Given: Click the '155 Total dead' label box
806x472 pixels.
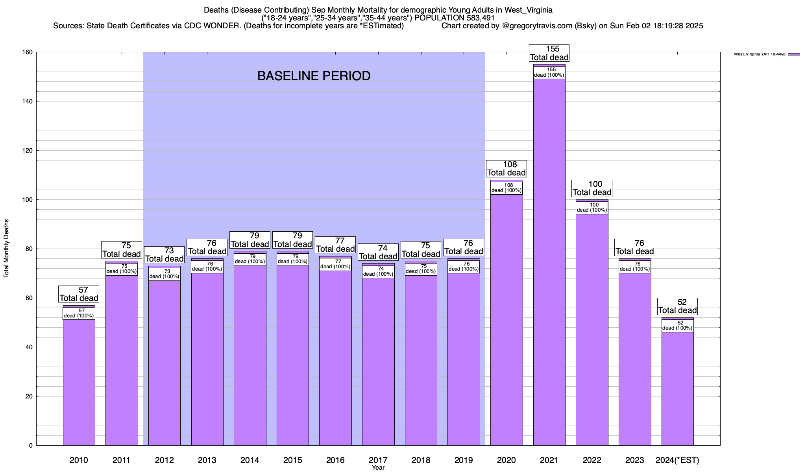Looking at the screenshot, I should point(549,53).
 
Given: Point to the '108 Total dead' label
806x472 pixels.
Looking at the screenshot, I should point(507,169).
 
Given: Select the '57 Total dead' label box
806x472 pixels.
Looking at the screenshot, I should point(79,294).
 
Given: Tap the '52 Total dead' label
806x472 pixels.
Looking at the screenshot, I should point(677,306).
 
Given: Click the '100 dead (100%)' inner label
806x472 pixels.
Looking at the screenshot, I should point(592,208).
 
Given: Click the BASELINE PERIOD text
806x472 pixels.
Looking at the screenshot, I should point(314,76).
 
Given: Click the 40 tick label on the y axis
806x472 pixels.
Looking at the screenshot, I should point(29,347).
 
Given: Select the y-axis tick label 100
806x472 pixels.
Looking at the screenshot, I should point(28,200).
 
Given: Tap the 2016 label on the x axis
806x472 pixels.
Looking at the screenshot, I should point(335,460).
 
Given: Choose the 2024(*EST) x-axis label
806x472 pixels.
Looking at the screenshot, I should point(677,460).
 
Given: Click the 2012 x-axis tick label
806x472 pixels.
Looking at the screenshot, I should point(165,460).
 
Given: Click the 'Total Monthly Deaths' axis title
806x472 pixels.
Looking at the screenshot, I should point(6,249).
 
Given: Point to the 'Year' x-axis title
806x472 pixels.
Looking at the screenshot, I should point(378,468).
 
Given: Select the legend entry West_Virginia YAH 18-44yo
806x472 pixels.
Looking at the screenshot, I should point(760,54).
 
